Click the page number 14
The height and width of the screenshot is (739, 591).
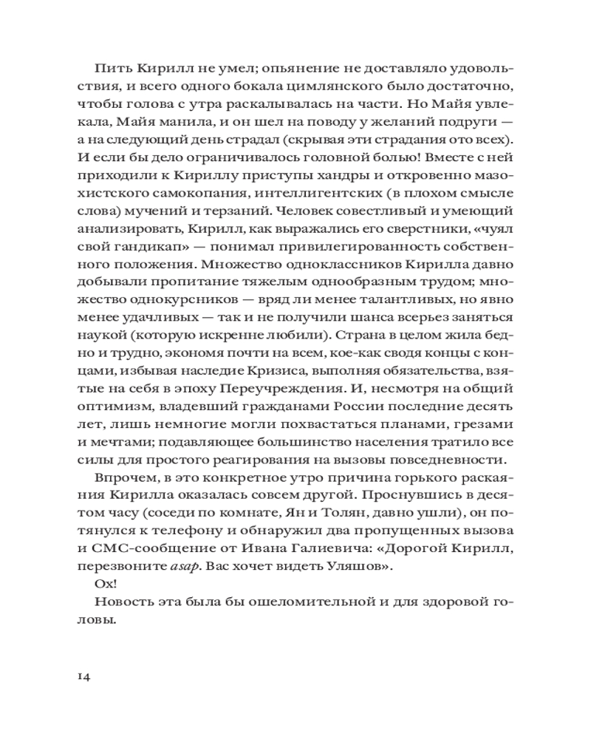83,678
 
